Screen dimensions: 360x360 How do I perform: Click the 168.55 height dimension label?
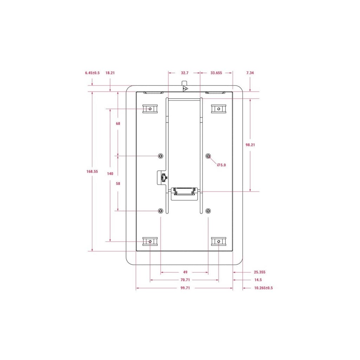coord(92,172)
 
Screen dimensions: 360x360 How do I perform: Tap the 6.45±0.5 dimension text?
coord(92,73)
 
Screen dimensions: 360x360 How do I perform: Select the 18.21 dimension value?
coord(110,73)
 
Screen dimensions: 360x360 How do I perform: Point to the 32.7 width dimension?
coord(185,73)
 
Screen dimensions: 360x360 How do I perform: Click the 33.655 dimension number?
coord(216,73)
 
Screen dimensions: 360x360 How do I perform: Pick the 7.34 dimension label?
coord(250,73)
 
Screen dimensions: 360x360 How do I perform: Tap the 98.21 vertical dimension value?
coord(250,145)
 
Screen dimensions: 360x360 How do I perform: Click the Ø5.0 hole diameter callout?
coord(221,165)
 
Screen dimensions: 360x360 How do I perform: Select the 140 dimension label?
coord(110,174)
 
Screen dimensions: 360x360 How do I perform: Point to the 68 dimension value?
coord(118,123)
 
